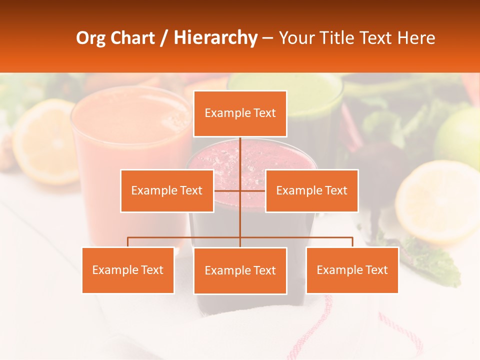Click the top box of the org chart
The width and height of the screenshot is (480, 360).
[240, 113]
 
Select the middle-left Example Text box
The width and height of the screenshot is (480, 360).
[167, 190]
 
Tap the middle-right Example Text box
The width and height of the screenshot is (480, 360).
[311, 190]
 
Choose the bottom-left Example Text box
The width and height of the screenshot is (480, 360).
[128, 270]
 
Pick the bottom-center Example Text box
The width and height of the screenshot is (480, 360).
[240, 270]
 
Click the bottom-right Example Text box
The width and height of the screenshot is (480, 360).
[352, 270]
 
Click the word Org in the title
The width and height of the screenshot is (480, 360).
[90, 38]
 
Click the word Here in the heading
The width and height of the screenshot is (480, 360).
[416, 38]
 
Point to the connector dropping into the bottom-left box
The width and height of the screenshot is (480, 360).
[128, 242]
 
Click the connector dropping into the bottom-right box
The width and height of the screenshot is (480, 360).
[352, 242]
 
